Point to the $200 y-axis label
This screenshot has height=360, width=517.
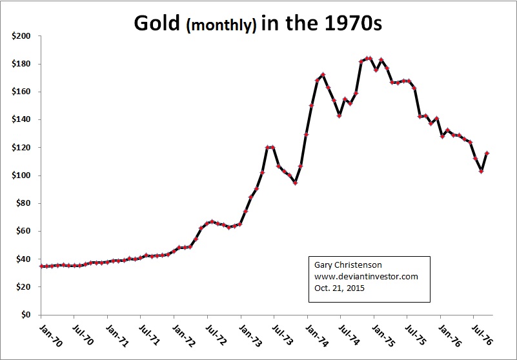21,37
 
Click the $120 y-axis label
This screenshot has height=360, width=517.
21,148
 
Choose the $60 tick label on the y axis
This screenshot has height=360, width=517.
23,232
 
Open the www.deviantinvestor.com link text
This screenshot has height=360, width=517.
366,277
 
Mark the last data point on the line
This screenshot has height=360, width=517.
487,153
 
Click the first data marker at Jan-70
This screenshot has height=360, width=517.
41,266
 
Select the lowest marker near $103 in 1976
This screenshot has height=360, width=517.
481,171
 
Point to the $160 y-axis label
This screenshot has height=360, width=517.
21,92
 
